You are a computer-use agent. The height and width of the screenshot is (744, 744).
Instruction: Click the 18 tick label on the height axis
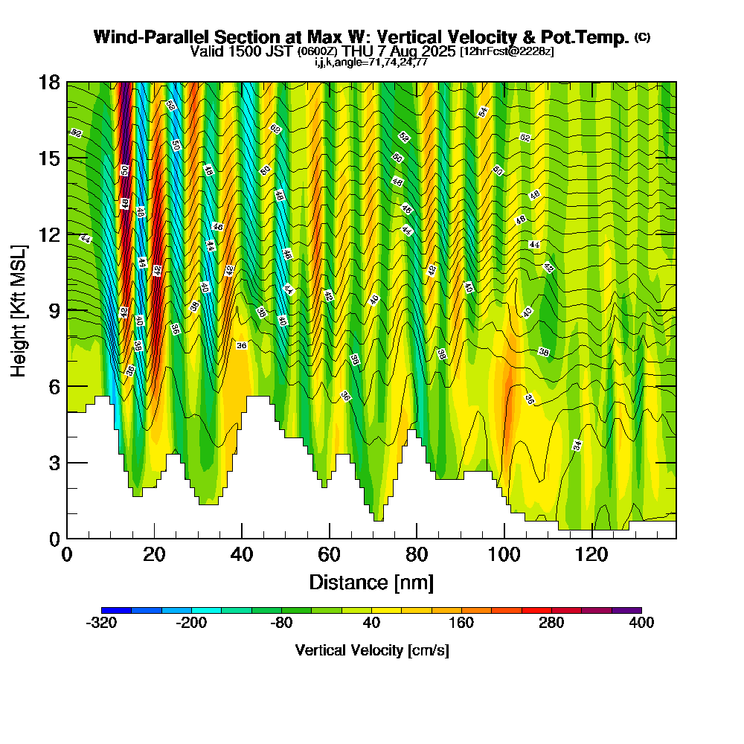[x=50, y=83]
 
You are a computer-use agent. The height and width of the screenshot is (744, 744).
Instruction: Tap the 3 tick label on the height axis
[x=54, y=463]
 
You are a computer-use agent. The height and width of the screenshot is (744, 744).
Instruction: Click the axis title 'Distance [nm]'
[x=371, y=582]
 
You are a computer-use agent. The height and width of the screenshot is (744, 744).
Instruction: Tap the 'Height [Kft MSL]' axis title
[x=19, y=310]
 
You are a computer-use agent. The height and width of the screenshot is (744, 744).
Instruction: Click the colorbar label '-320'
[x=101, y=623]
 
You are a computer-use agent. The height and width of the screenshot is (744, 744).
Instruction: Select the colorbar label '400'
[x=641, y=623]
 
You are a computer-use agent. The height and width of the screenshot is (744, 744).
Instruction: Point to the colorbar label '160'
[x=461, y=623]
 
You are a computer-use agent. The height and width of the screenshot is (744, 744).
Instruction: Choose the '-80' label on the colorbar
[x=281, y=623]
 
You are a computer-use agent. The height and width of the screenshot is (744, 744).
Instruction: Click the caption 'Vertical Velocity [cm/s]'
[x=371, y=650]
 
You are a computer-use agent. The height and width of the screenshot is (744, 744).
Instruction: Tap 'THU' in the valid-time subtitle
[x=358, y=51]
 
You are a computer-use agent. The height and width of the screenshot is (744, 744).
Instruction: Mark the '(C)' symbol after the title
[x=642, y=36]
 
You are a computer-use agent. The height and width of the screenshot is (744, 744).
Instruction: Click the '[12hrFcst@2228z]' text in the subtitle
[x=507, y=51]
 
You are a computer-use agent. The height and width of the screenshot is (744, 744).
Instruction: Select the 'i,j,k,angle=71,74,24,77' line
[x=371, y=62]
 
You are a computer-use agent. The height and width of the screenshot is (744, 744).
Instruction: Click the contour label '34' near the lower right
[x=577, y=445]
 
